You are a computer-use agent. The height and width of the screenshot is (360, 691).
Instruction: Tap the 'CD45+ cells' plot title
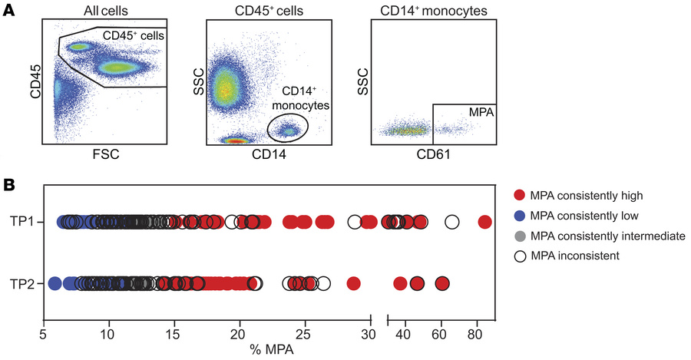(268, 8)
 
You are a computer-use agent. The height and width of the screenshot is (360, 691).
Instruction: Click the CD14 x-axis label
(268, 154)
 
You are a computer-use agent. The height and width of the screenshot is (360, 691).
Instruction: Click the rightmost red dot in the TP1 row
(484, 223)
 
